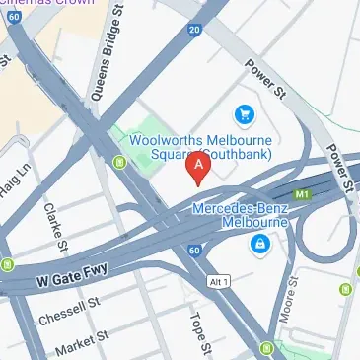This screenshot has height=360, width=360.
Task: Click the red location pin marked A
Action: pyautogui.click(x=199, y=168)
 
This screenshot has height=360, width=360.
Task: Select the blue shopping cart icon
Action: pyautogui.click(x=243, y=116)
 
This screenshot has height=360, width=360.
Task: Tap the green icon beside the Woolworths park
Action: pyautogui.click(x=122, y=162)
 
